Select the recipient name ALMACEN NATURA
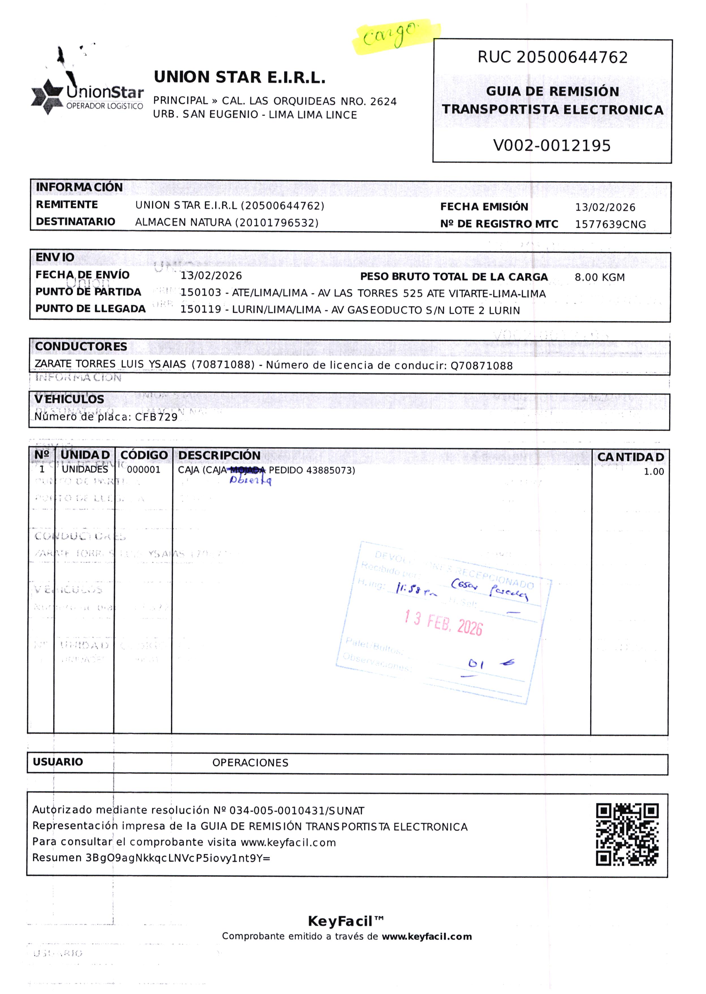[183, 223]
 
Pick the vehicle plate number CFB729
[156, 417]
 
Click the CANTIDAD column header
[630, 457]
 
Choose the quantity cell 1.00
[653, 472]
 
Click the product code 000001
[143, 469]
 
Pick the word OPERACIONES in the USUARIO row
[250, 763]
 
